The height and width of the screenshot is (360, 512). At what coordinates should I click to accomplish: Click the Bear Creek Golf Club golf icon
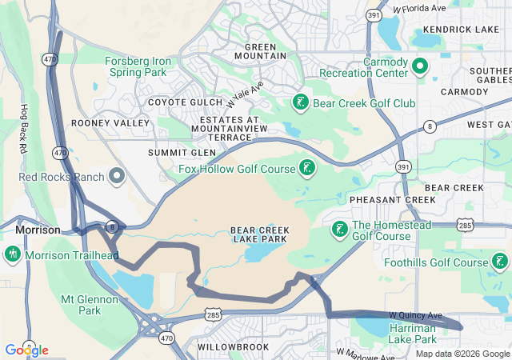[x=300, y=103]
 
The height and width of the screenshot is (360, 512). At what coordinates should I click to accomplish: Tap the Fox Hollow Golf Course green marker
[x=306, y=168]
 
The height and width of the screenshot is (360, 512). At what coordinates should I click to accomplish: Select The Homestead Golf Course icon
[x=339, y=230]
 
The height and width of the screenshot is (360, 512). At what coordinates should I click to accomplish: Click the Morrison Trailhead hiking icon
[x=12, y=255]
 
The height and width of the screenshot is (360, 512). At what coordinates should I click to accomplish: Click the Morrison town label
[x=38, y=230]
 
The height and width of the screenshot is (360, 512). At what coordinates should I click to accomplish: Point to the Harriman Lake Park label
[x=412, y=334]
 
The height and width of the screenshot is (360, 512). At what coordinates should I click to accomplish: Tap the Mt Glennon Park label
[x=90, y=305]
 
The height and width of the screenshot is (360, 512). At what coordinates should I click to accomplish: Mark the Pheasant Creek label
[x=382, y=198]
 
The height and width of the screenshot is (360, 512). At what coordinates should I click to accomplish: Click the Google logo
[x=26, y=350]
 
